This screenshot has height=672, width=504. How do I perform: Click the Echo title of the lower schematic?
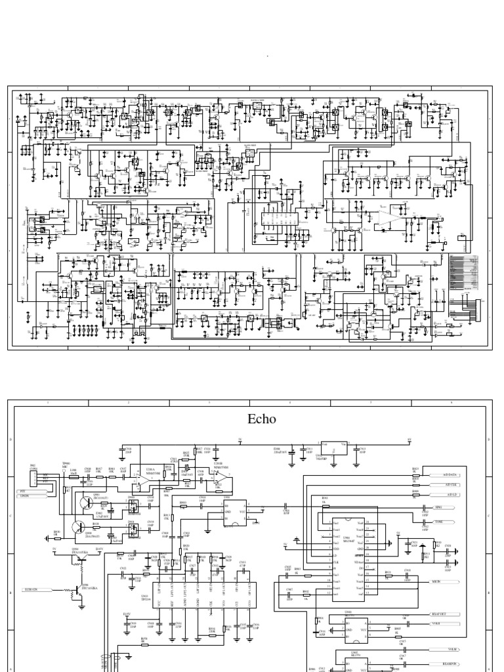tap(261, 419)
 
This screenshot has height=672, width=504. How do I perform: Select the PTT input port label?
tap(26, 491)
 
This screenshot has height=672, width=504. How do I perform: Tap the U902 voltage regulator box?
tap(333, 446)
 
